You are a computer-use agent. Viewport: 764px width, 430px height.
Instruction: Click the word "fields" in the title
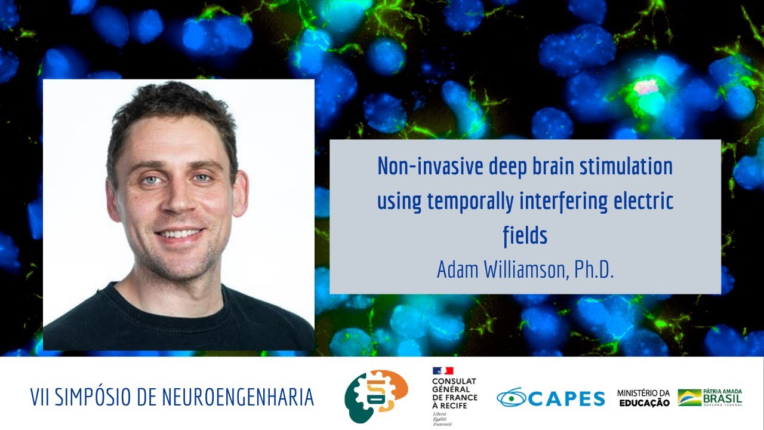(525, 236)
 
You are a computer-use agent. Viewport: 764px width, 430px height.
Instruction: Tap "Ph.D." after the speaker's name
(594, 269)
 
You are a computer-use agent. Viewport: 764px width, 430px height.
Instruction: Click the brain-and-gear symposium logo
(376, 396)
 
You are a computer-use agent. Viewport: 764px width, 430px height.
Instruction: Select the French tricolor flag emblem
(443, 371)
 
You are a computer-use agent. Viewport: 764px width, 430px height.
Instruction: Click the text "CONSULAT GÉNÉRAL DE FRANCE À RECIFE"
(454, 394)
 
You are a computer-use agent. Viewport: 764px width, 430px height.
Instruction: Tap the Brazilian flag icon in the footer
(689, 397)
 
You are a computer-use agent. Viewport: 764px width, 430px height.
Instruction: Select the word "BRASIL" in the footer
(722, 398)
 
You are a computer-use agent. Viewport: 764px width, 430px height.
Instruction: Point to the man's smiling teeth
(178, 234)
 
